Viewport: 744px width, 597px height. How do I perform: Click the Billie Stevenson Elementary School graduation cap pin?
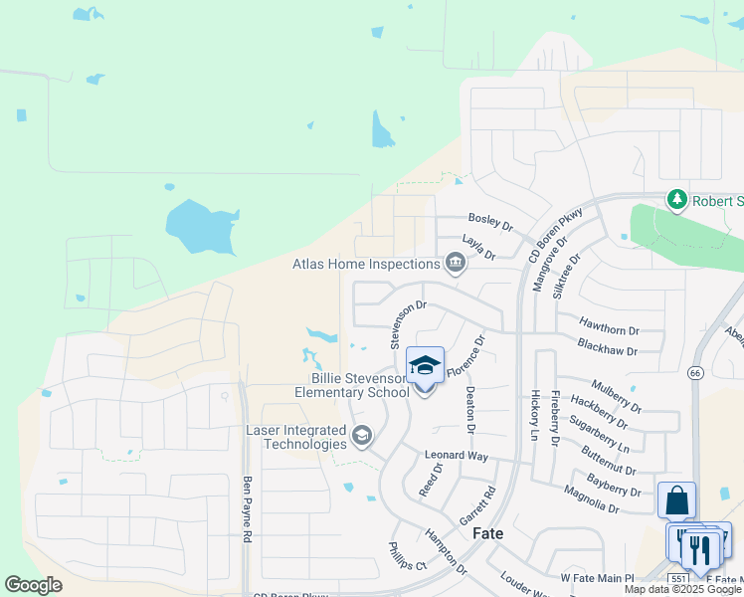click(425, 366)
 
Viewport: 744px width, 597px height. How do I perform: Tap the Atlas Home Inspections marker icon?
click(456, 263)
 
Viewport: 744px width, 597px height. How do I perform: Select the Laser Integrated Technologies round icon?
click(361, 434)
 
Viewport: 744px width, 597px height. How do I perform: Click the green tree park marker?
click(677, 200)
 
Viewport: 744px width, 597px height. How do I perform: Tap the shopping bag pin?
click(676, 500)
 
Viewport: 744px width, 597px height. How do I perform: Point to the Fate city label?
click(487, 533)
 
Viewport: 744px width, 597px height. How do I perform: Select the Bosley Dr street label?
click(490, 221)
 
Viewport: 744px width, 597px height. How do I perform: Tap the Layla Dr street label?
click(478, 246)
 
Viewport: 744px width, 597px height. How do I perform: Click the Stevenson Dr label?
click(408, 324)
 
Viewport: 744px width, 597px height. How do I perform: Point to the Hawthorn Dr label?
click(608, 324)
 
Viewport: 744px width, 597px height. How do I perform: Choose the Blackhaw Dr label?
click(607, 347)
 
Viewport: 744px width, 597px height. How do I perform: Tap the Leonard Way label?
click(457, 456)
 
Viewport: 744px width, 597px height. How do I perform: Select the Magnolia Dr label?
click(592, 497)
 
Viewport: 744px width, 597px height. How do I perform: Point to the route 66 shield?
click(695, 372)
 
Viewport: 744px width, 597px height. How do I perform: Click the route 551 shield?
click(678, 578)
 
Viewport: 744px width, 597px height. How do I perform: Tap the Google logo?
click(34, 585)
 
